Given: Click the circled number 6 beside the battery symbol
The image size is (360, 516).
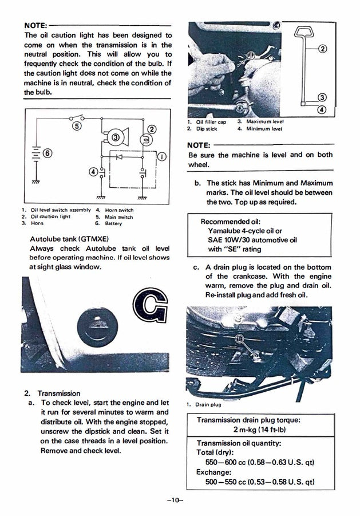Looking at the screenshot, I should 47,153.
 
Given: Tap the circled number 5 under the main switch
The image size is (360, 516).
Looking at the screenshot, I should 77,126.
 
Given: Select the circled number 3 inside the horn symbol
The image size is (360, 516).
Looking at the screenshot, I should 116,137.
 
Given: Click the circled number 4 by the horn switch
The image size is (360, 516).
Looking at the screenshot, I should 93,171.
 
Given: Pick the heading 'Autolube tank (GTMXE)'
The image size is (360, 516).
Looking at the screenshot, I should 69,238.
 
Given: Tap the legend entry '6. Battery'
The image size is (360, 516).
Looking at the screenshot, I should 110,223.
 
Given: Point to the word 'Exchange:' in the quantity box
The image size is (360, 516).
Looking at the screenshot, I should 213,472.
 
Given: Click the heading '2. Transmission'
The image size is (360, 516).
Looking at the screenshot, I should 52,393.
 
